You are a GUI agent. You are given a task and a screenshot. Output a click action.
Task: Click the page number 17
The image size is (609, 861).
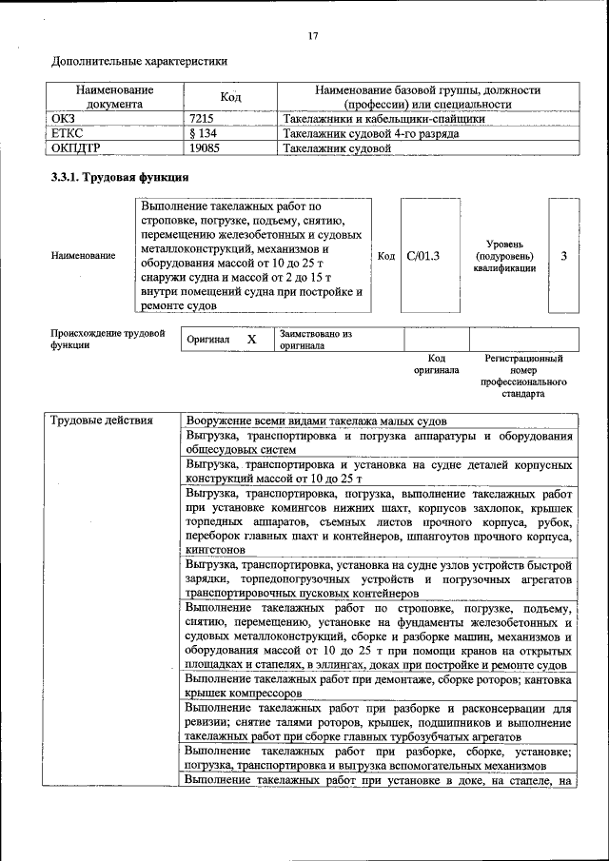point(313,36)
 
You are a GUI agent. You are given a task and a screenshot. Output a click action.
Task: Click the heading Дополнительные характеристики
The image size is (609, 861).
point(139,62)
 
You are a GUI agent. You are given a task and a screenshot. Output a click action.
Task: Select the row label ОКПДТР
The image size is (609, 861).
point(76,148)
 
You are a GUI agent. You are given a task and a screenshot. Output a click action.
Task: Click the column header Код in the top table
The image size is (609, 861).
point(230,96)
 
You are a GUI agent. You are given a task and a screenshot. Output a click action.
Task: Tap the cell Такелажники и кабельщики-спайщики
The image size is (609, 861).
point(384,119)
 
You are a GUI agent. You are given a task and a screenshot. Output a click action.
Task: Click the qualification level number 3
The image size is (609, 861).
point(564,256)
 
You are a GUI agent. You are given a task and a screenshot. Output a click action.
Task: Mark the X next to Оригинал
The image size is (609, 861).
point(251,340)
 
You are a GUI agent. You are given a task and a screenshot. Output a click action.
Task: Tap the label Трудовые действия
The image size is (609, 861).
point(99,421)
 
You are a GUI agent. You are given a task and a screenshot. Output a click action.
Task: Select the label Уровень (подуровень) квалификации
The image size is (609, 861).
point(503,256)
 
